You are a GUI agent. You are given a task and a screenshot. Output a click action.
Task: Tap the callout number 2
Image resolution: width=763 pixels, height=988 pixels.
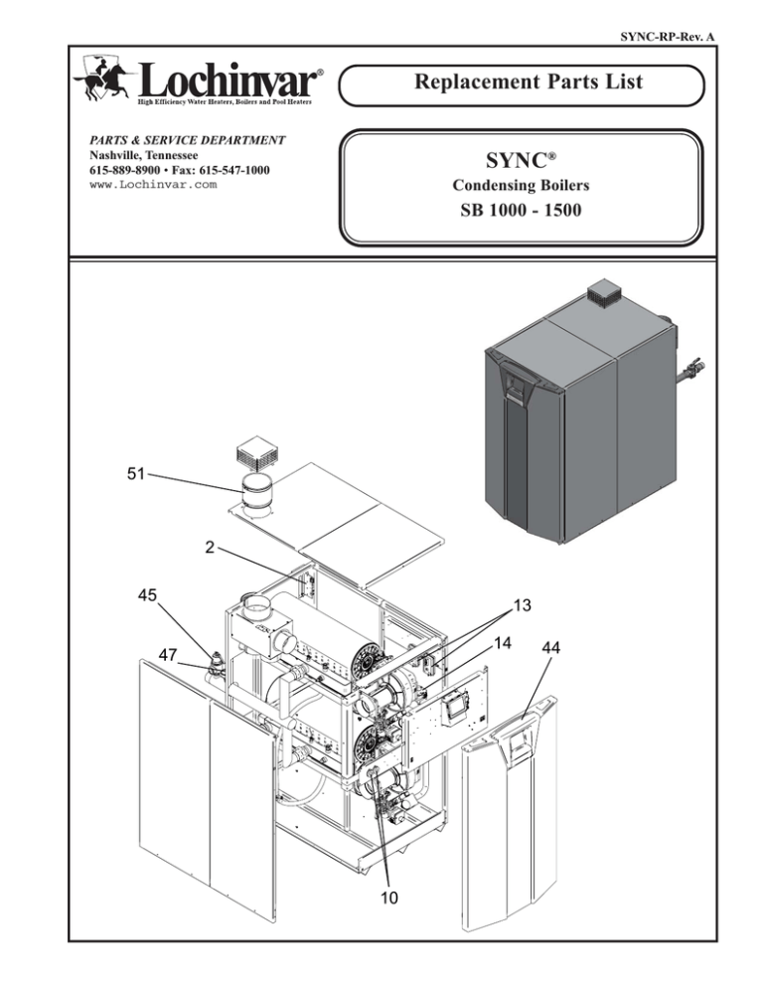tap(207, 546)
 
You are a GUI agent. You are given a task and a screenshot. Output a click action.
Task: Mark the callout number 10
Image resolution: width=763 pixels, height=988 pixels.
tap(387, 898)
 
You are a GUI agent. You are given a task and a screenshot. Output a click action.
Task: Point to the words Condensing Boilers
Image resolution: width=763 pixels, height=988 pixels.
tap(522, 186)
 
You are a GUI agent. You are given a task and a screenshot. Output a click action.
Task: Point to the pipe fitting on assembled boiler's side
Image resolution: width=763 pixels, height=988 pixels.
tap(691, 375)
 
